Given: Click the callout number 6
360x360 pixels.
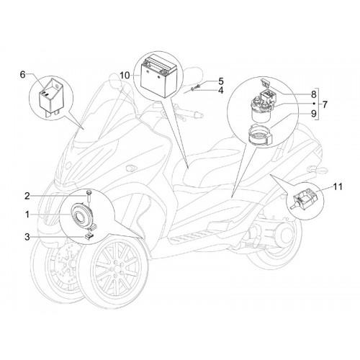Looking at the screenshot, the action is [x=22, y=75].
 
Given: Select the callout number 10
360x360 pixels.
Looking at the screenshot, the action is [x=125, y=76].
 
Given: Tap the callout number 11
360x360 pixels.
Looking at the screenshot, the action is [x=338, y=186].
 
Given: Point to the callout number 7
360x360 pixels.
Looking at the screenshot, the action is [x=325, y=104].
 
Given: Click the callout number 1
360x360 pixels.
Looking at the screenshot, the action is [x=27, y=215].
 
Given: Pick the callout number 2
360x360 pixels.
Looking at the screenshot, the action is [x=27, y=196].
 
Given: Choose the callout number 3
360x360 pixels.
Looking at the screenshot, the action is [x=27, y=237].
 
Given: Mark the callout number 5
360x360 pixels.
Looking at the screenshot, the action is [x=220, y=81].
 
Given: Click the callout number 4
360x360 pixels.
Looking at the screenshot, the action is [x=220, y=91].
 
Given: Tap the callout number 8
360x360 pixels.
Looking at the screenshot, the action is [x=314, y=94].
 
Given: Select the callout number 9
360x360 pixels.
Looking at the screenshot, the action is [x=314, y=113].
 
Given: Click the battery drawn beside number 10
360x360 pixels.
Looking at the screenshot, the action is [x=158, y=76].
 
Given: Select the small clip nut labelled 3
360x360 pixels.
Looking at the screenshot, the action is [x=89, y=237].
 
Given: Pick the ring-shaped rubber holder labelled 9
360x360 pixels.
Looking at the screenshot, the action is [x=260, y=135].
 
